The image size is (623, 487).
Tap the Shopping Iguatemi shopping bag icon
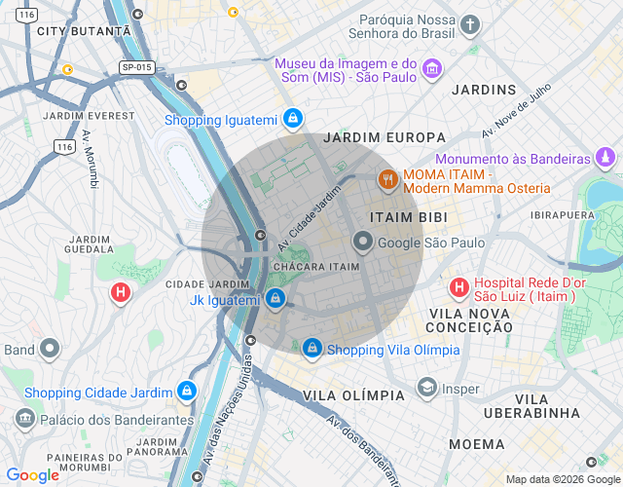coord(291,120)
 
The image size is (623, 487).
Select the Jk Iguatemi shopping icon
coord(275,298)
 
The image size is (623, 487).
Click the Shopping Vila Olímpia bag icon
coord(311,347)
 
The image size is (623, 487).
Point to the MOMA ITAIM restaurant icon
coord(387,179)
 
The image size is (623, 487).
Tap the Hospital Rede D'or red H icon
coord(458,287)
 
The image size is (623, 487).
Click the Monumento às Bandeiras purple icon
coord(606,157)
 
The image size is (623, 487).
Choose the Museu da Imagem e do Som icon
coord(432,69)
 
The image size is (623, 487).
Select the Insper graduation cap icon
coord(425,388)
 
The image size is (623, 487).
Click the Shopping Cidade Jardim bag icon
coord(186,392)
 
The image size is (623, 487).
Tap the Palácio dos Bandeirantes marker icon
coord(24,419)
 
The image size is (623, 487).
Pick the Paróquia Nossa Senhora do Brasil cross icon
coord(470,24)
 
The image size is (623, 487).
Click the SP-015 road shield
coord(137,67)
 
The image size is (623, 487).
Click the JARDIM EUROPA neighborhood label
coord(385,137)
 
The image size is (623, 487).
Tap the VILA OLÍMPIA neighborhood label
coord(353,395)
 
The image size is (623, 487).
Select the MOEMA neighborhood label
coord(477,444)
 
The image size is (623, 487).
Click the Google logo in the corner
coord(33,475)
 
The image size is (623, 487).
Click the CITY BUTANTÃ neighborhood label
coord(83,31)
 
